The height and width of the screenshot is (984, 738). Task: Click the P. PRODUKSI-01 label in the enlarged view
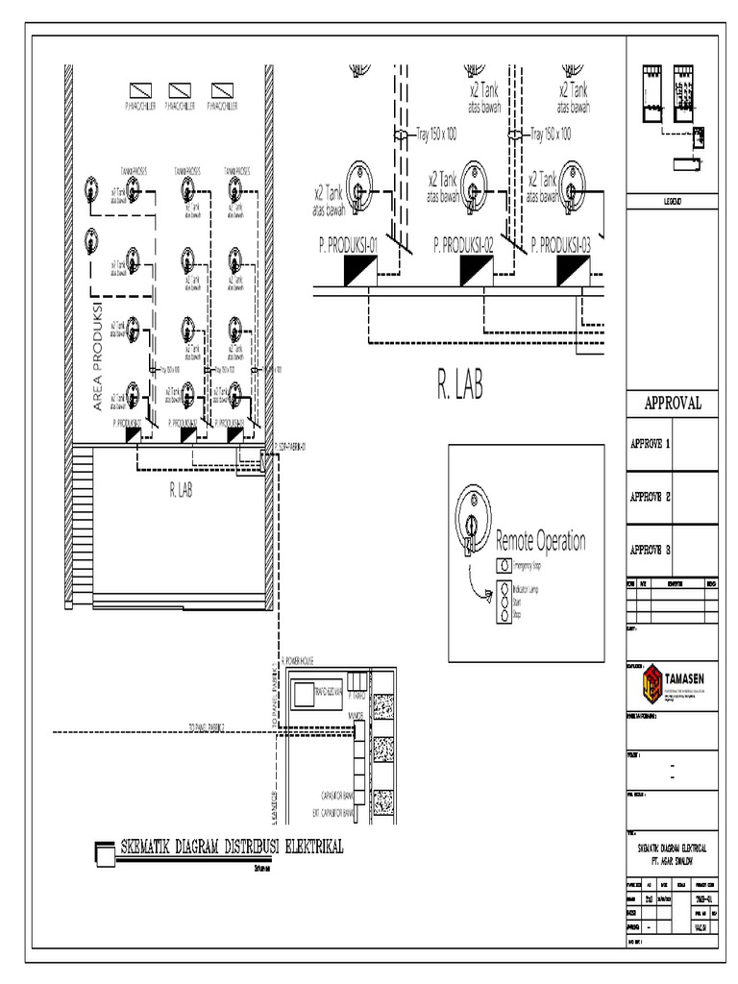[x=347, y=245]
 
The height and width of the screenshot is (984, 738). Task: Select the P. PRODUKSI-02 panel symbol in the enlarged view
[x=477, y=272]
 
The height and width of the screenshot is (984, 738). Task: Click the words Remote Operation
[x=540, y=541]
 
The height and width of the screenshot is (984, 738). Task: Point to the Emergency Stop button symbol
[x=503, y=566]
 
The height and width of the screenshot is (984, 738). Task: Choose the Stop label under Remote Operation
[x=517, y=612]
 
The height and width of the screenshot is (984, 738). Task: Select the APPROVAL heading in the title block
[x=672, y=404]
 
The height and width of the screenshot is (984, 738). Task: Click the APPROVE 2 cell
[x=650, y=497]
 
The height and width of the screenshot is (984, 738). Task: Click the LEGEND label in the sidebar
[x=672, y=201]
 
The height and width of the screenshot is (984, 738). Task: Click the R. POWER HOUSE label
[x=305, y=660]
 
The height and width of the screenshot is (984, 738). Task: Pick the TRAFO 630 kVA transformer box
[x=316, y=691]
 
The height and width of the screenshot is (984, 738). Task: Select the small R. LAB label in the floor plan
[x=181, y=490]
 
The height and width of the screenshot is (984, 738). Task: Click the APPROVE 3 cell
[x=650, y=550]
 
